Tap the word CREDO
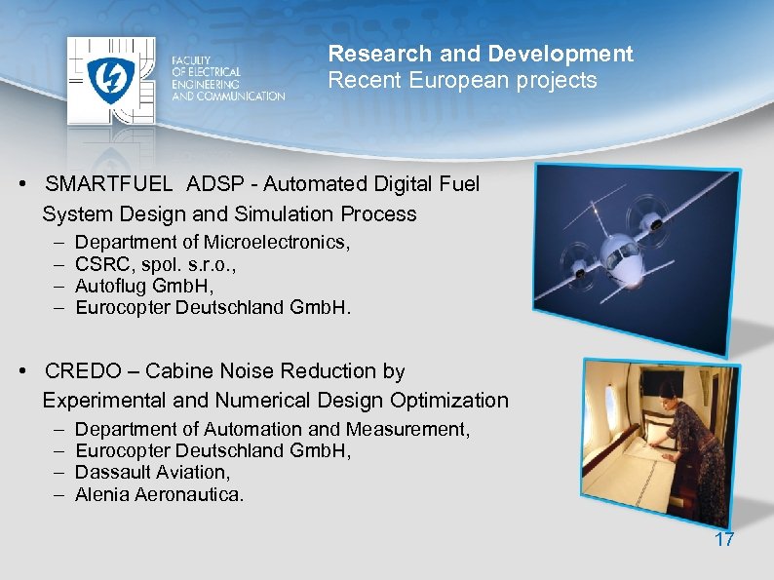tap(79, 371)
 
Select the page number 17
tap(723, 539)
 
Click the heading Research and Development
tap(480, 55)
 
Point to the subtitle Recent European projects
tap(462, 81)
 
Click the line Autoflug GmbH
tap(143, 287)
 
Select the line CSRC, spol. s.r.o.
tap(156, 264)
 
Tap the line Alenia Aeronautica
tap(159, 495)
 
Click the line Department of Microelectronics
tap(213, 242)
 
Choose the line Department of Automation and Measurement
tap(272, 429)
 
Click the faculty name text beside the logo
tap(227, 78)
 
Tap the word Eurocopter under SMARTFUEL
tap(123, 308)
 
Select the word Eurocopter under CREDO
tap(123, 451)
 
